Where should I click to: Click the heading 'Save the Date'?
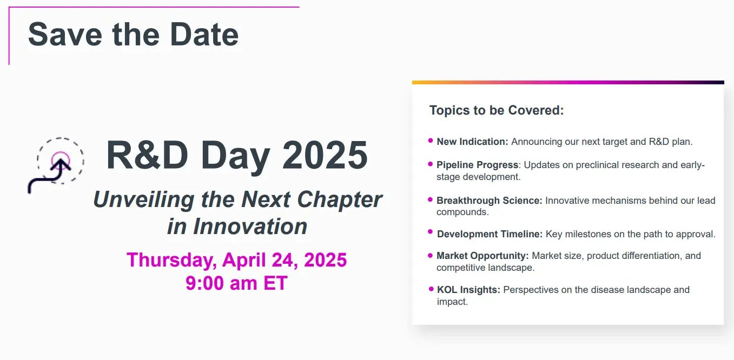(x=134, y=35)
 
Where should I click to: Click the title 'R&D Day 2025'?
(x=237, y=155)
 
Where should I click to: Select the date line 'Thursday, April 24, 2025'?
(x=236, y=260)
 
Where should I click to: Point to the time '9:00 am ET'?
(x=236, y=283)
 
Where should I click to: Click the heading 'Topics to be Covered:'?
(x=497, y=110)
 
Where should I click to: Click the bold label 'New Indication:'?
(x=472, y=142)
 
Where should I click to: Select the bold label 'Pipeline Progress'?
(x=478, y=165)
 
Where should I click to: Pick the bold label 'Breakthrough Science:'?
(x=490, y=200)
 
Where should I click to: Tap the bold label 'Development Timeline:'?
(x=490, y=234)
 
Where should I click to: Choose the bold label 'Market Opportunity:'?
(x=482, y=256)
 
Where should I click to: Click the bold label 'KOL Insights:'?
(x=468, y=290)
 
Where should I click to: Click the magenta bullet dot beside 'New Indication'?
(x=431, y=141)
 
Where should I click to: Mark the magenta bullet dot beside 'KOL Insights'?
(x=431, y=289)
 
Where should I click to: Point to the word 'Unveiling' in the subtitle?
(x=144, y=199)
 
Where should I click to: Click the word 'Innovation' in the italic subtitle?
(x=250, y=226)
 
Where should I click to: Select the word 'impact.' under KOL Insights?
(x=452, y=302)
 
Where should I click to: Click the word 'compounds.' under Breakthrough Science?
(x=462, y=212)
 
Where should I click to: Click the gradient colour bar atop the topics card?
(x=568, y=83)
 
